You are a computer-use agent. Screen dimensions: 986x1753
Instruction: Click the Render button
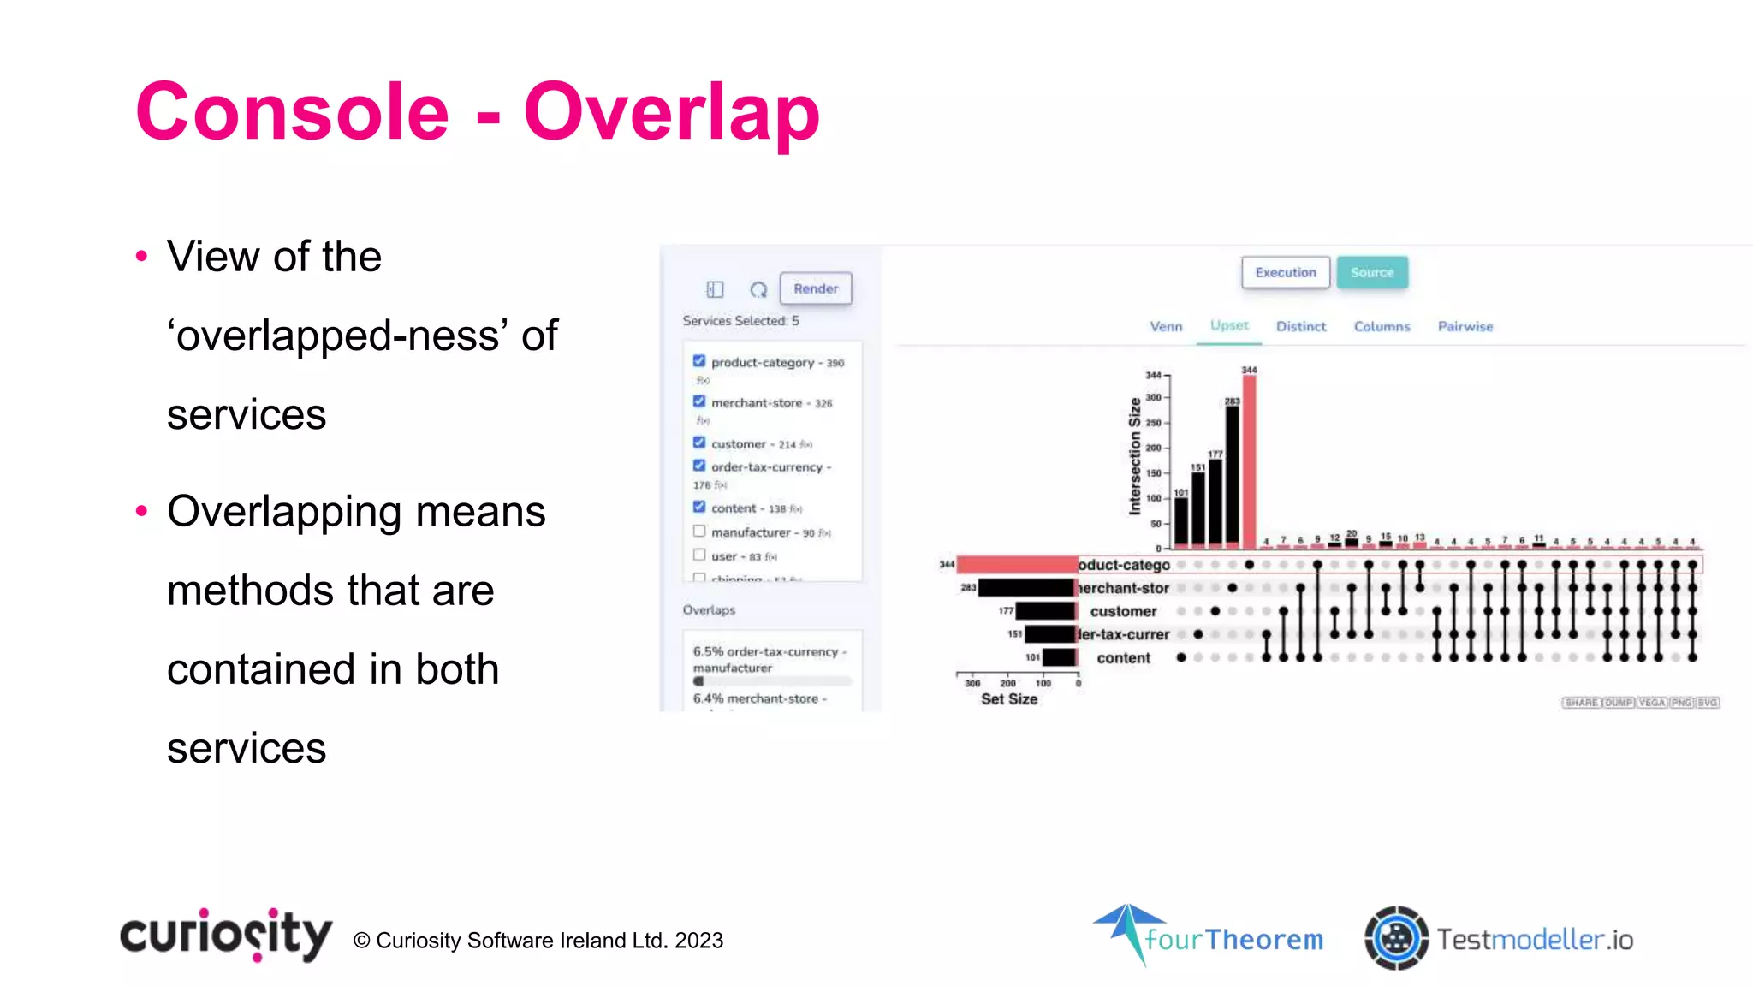(815, 289)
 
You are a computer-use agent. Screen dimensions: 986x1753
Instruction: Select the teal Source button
(1372, 273)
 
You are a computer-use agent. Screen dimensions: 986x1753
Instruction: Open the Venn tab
(1166, 327)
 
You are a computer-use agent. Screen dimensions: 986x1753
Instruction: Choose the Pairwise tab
(1465, 327)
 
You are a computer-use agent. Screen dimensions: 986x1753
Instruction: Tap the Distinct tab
(1300, 327)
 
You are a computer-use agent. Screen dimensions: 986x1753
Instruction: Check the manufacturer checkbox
(699, 532)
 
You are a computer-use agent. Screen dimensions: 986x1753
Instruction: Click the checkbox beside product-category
(699, 361)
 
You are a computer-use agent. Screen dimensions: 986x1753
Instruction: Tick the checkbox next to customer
(699, 443)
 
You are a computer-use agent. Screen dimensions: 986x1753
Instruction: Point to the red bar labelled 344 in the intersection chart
(1249, 462)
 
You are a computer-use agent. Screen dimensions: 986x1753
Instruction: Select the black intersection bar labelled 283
(1232, 476)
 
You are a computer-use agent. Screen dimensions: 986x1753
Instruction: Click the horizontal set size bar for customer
(1045, 611)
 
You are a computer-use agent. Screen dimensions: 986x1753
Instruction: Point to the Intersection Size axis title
(1135, 456)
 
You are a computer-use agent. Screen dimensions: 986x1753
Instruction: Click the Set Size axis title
(1009, 699)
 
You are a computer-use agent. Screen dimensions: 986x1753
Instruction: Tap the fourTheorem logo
(1208, 936)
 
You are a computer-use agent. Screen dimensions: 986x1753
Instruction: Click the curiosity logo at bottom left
(226, 935)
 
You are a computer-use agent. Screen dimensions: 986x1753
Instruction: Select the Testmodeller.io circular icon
(1396, 939)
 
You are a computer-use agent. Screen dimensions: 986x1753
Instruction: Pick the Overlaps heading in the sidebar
(709, 610)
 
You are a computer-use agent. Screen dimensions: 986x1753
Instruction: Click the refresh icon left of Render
(758, 290)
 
